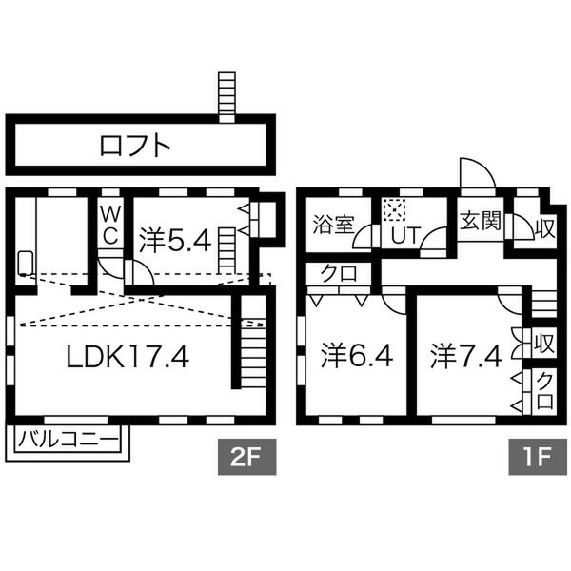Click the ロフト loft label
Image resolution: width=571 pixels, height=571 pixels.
(x=135, y=146)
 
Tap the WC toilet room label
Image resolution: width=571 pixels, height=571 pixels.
(x=110, y=225)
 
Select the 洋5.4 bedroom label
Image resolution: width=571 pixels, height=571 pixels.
(x=175, y=241)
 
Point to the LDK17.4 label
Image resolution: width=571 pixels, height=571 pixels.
(x=128, y=357)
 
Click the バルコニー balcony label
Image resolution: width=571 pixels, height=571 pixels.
(x=69, y=439)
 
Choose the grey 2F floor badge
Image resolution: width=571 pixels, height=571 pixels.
(x=246, y=457)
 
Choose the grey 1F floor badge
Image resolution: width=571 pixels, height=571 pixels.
(x=538, y=457)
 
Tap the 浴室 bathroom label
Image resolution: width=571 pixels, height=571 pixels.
(x=333, y=224)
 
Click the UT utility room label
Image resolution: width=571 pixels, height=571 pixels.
(x=406, y=236)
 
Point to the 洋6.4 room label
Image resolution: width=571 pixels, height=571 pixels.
(x=357, y=356)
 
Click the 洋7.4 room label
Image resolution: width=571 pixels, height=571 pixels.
(x=466, y=356)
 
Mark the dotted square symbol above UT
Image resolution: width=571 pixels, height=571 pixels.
(x=394, y=209)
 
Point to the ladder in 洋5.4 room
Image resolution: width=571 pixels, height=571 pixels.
(x=226, y=250)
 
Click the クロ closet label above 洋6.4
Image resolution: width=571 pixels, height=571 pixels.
(x=338, y=273)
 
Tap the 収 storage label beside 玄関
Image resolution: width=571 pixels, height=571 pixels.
(x=545, y=229)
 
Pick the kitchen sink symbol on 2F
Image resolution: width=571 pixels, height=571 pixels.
(x=26, y=263)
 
